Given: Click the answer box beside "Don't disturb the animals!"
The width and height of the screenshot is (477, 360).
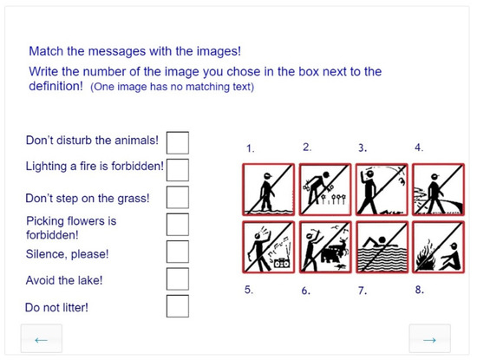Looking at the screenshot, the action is (178, 142).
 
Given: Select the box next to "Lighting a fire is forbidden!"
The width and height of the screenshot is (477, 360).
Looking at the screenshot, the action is (178, 170).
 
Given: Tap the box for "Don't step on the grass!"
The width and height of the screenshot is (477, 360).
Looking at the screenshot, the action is (178, 197).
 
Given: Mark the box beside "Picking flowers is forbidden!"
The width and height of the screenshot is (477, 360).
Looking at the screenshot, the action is (178, 225).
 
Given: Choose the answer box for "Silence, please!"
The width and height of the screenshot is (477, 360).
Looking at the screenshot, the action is (178, 252).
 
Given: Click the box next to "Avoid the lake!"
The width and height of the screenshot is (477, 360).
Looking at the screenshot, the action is (178, 278).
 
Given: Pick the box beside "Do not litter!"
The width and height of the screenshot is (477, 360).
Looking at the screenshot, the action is (178, 306).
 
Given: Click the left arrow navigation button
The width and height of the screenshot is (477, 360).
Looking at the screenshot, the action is (42, 339).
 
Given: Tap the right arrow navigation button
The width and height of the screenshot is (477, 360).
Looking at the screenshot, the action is (429, 339).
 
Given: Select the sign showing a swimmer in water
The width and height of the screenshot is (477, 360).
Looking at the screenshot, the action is (382, 247).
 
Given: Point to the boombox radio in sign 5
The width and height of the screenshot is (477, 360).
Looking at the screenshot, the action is (282, 263).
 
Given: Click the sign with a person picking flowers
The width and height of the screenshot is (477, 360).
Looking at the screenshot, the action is (325, 189).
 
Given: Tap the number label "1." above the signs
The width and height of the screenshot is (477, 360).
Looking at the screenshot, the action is (251, 148).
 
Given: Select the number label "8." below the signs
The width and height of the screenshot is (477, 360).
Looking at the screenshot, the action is (420, 290).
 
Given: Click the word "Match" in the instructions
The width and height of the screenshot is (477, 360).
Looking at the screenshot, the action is (46, 51).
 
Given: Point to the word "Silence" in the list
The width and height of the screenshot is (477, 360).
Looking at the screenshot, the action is (46, 254).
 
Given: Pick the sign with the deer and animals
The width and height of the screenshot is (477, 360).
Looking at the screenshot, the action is (325, 247).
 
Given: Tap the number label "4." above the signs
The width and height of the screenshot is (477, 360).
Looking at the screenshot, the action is (419, 147).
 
